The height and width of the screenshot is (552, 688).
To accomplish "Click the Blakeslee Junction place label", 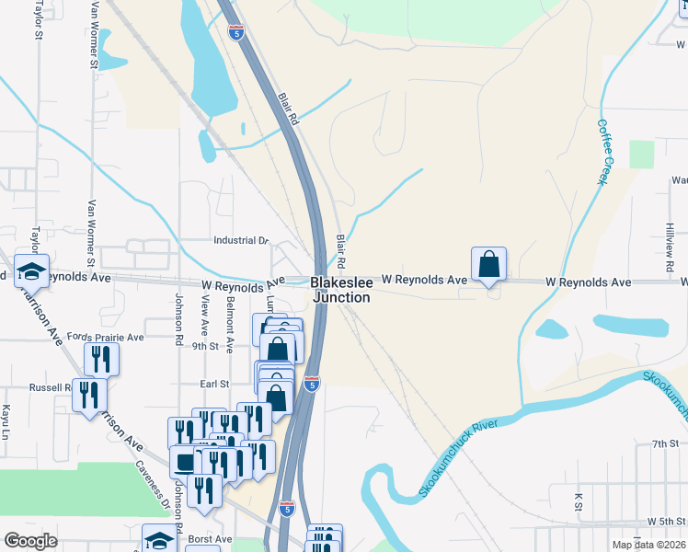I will tap(340, 289).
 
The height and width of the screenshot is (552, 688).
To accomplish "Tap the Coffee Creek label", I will tap(603, 152).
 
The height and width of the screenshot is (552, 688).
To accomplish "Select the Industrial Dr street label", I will tap(240, 240).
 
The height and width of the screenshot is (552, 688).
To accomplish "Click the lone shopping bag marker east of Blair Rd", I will tap(488, 264).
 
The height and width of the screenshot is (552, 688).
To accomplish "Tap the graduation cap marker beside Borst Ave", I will tap(159, 540).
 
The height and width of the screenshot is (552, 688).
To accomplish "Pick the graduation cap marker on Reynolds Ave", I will tap(32, 271).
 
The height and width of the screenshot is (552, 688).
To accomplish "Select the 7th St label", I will tap(664, 443).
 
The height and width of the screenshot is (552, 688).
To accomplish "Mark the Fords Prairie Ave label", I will tap(111, 338).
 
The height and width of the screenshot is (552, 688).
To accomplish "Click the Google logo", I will tap(31, 541).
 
